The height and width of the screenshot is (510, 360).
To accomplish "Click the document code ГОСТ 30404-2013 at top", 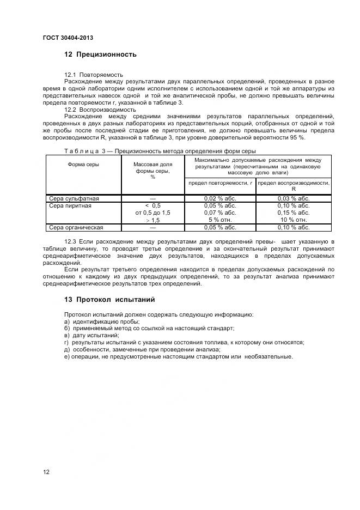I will (67, 38).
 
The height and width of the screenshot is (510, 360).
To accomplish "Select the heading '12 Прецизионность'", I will (100, 54).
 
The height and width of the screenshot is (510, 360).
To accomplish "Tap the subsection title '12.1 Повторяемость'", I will (93, 74).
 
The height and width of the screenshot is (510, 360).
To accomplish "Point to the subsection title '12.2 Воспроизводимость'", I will (100, 109).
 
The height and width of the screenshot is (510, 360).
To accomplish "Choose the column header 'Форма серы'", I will (83, 164).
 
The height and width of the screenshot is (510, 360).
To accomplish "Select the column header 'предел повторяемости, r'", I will (220, 183).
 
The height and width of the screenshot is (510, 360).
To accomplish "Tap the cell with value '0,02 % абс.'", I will (220, 198).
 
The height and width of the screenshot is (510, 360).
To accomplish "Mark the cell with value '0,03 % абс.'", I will (294, 198).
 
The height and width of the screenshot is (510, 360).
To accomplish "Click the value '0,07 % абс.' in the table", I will (220, 212).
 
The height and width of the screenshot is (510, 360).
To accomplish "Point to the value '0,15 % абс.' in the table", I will (294, 212).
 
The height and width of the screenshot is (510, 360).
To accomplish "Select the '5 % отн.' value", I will (220, 220).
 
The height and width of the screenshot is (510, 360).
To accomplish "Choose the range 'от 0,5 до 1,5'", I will (152, 212).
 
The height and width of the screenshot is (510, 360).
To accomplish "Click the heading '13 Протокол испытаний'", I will (109, 299).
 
